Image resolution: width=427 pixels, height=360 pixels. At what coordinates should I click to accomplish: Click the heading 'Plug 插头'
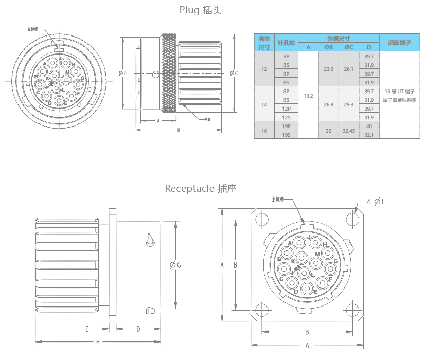pyautogui.click(x=200, y=10)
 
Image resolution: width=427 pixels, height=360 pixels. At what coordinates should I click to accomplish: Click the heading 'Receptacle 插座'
pyautogui.click(x=200, y=188)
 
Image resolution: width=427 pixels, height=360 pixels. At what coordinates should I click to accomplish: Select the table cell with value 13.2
pyautogui.click(x=308, y=96)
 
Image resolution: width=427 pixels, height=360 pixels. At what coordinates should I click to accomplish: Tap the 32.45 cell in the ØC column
pyautogui.click(x=349, y=131)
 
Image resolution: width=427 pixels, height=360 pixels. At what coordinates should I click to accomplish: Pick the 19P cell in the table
pyautogui.click(x=287, y=126)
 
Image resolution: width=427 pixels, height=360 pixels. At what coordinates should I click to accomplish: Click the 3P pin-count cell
pyautogui.click(x=287, y=56)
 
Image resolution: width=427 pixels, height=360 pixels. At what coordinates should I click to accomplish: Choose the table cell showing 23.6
pyautogui.click(x=328, y=69)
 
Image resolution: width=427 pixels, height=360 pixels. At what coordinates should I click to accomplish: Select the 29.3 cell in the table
pyautogui.click(x=349, y=104)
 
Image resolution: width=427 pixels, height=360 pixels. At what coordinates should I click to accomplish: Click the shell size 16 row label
pyautogui.click(x=264, y=131)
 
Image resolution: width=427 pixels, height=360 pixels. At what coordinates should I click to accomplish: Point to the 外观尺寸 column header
pyautogui.click(x=339, y=39)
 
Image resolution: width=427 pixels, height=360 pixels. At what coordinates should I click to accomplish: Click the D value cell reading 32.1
pyautogui.click(x=369, y=135)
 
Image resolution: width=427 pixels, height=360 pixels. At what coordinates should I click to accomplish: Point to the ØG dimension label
pyautogui.click(x=174, y=265)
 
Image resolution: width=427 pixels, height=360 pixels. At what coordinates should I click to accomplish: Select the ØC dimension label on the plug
pyautogui.click(x=233, y=73)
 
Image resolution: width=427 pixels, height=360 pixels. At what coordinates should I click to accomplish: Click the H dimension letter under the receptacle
pyautogui.click(x=98, y=342)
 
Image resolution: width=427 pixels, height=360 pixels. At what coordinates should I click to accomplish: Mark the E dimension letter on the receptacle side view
pyautogui.click(x=87, y=329)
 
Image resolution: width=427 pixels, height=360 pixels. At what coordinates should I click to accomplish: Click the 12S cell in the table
pyautogui.click(x=287, y=117)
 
